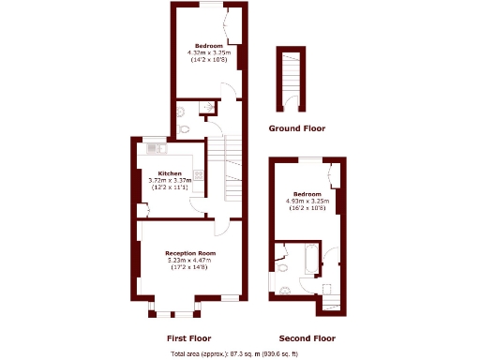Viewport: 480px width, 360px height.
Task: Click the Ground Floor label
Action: coord(295,127)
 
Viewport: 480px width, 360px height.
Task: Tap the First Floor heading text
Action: coord(188,337)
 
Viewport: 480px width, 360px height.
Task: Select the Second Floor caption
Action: coord(307,337)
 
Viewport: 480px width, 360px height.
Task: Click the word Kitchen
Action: coord(170,173)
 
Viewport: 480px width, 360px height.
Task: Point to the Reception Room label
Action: coord(190,253)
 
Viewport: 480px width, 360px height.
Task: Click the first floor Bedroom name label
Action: coord(207,46)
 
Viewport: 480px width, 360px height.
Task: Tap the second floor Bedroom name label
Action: coord(307,193)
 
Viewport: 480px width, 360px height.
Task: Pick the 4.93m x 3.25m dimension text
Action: coord(307,201)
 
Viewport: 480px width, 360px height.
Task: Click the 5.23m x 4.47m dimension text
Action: coord(190,261)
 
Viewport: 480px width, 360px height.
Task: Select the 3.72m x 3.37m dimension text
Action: coord(170,181)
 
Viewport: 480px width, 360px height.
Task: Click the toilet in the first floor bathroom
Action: coord(185,129)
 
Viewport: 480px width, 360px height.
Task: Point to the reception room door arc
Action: coord(222,225)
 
